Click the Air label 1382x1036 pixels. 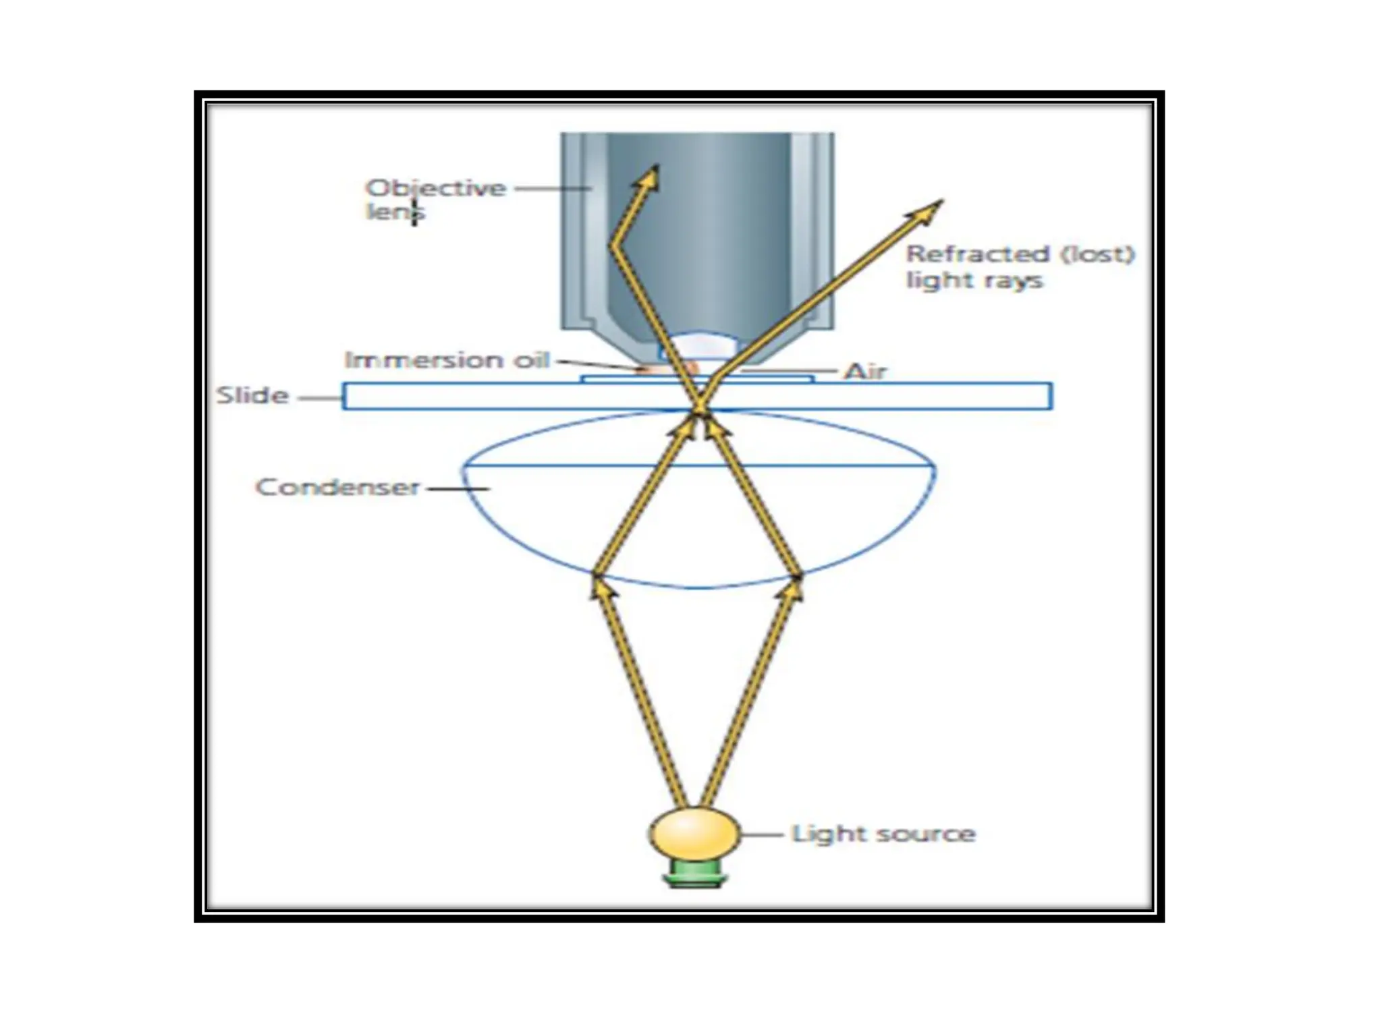[866, 372]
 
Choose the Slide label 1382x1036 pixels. [252, 395]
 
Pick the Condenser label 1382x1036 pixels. [337, 487]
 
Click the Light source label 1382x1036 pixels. [883, 834]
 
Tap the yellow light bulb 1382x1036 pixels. [694, 834]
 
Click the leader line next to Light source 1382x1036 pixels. [763, 834]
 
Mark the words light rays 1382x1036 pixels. [974, 281]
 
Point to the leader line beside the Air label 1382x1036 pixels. [790, 371]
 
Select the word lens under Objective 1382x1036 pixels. [395, 212]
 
